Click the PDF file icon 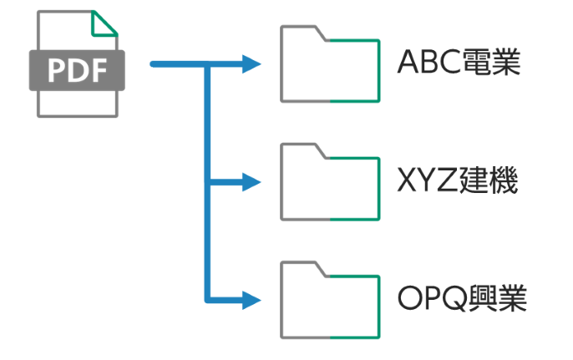[76, 64]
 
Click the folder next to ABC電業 [331, 63]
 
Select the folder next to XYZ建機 [331, 182]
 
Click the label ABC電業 [459, 63]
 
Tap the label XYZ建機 [459, 181]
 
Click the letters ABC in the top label [428, 63]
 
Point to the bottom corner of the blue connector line [206, 298]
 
